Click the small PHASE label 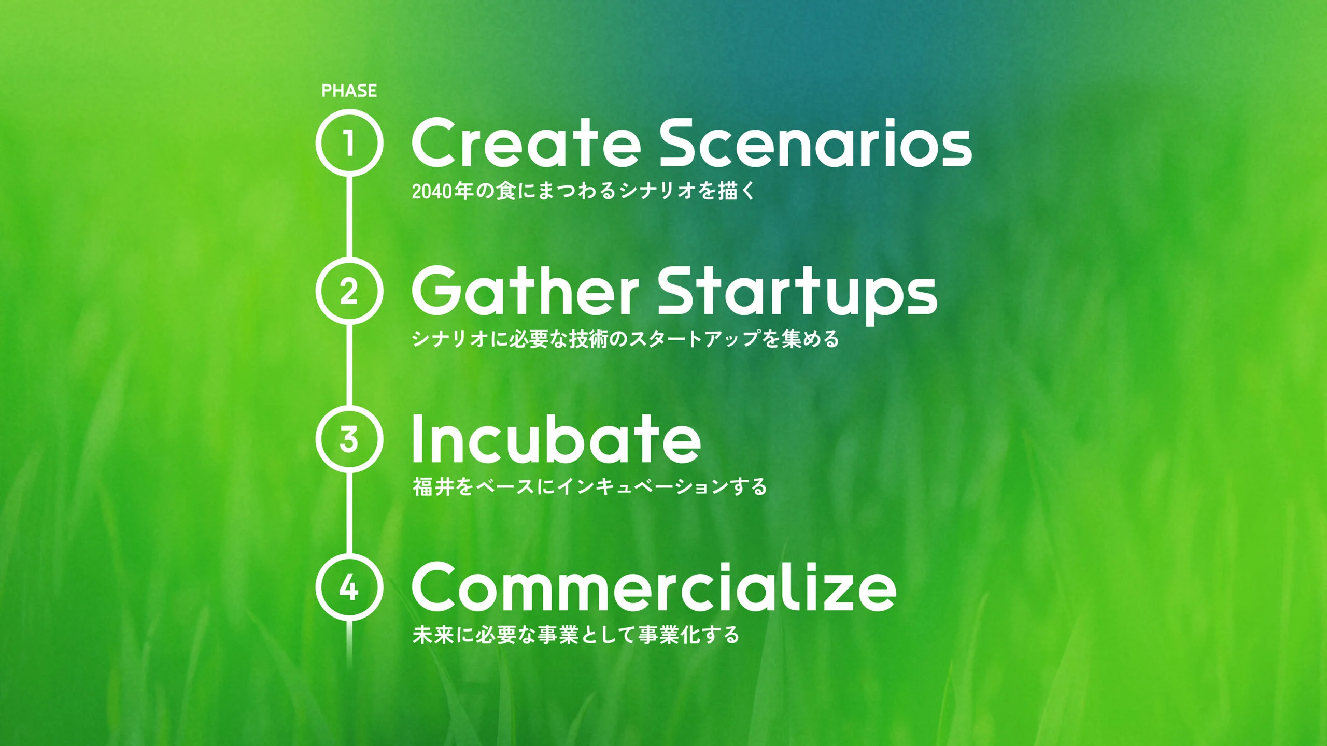(349, 91)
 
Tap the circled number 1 (349, 142)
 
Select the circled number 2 (349, 291)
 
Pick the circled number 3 (349, 439)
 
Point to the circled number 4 (349, 587)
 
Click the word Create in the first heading (526, 142)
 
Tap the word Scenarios (815, 142)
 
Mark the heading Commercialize (654, 587)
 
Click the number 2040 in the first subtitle (432, 192)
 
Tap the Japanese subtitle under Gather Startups (625, 339)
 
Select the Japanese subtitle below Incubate (589, 487)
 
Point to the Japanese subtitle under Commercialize (576, 635)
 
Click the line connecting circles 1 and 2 (349, 217)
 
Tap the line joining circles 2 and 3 (349, 365)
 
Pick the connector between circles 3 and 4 (349, 513)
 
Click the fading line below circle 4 (349, 642)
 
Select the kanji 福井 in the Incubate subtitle (433, 487)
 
